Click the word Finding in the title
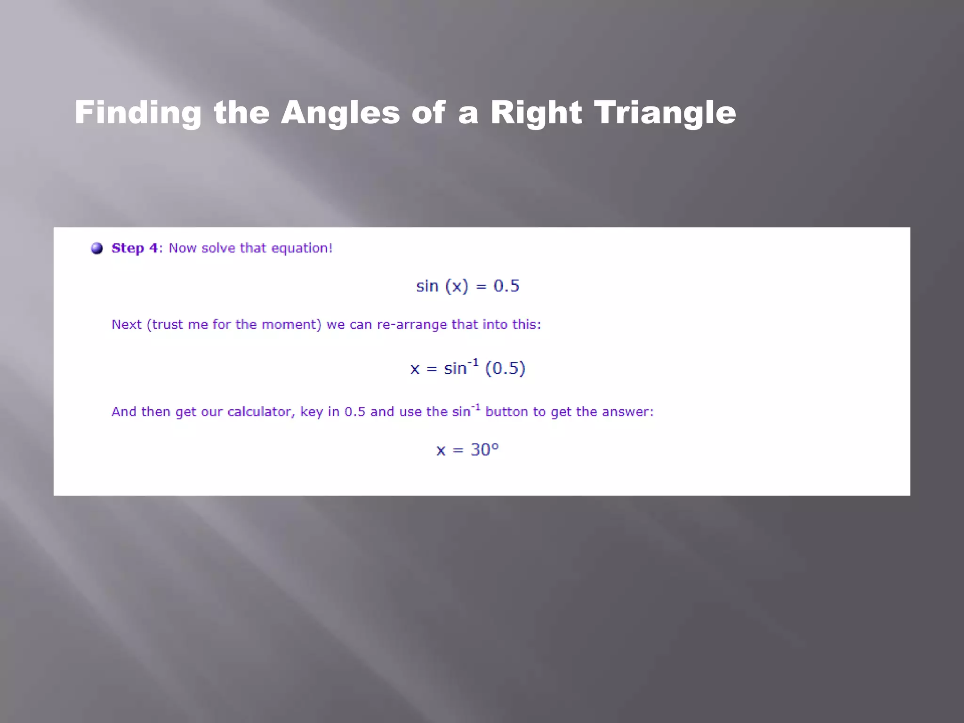click(138, 113)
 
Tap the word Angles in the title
click(340, 113)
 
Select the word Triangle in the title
click(665, 113)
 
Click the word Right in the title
click(536, 113)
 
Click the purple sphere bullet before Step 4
click(97, 248)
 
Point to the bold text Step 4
click(135, 248)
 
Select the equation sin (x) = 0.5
click(467, 286)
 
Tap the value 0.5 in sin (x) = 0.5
click(506, 286)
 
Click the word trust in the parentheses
click(168, 324)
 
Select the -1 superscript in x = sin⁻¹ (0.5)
click(473, 362)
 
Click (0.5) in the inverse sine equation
click(505, 368)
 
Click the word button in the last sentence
click(506, 412)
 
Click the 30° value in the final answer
click(484, 450)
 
